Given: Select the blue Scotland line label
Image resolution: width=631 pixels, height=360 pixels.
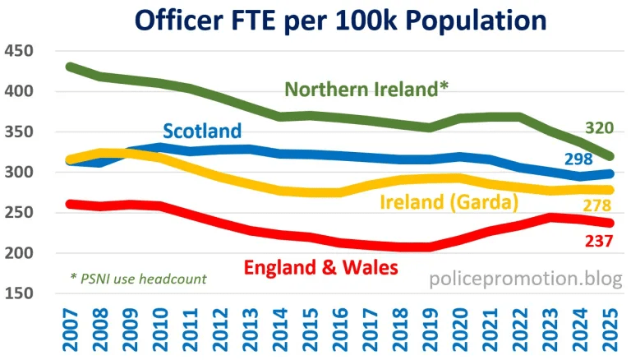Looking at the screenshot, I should click(202, 131).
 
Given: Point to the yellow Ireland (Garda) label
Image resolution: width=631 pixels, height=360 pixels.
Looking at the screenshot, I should click(447, 203).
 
